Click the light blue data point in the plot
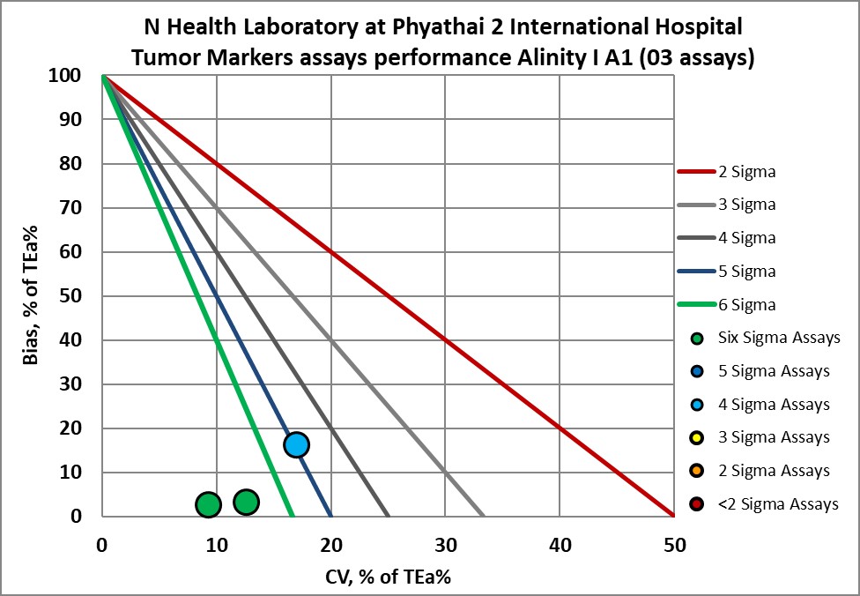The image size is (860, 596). (x=296, y=444)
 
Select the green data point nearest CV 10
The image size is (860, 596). (x=207, y=504)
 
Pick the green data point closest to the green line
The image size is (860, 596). (x=246, y=502)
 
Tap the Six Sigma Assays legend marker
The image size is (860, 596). (x=698, y=338)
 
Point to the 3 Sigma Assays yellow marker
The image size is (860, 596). (x=698, y=438)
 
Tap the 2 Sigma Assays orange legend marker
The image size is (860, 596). (x=698, y=471)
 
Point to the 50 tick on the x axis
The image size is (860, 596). (x=673, y=546)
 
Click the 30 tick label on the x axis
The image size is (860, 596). (x=445, y=546)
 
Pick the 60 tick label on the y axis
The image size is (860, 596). (x=82, y=252)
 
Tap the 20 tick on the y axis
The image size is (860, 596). (x=82, y=428)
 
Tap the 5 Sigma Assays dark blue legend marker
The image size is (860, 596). (x=698, y=371)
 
